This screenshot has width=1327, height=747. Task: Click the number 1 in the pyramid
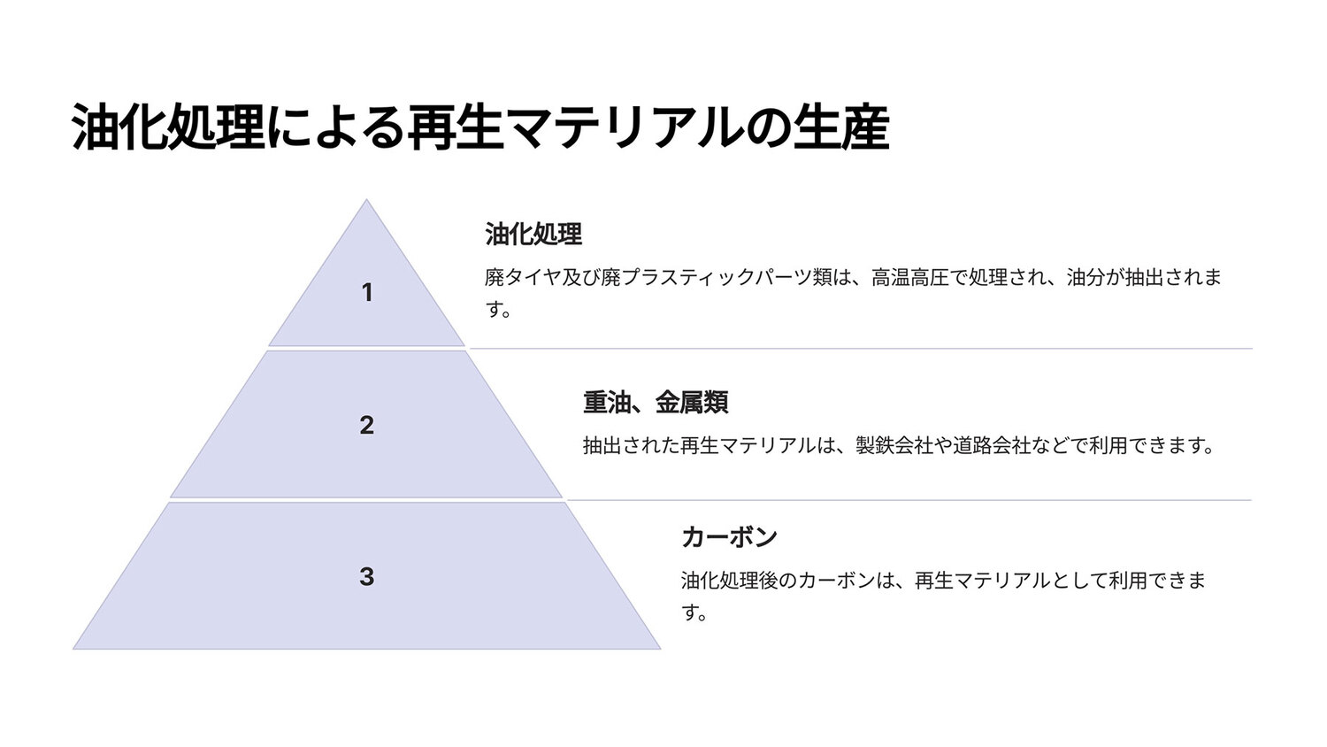[367, 292]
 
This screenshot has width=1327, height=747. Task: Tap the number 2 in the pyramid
[367, 425]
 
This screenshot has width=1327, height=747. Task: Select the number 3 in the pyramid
[367, 576]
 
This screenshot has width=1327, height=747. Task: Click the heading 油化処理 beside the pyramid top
[533, 235]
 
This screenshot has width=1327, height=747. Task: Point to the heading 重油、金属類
[656, 403]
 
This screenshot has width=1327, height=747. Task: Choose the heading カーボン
[729, 537]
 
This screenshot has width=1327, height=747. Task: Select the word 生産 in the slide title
[842, 127]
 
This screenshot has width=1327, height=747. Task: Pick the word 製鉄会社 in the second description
[894, 445]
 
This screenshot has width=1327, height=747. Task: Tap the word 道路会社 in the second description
[992, 445]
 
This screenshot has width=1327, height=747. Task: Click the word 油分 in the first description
[1085, 277]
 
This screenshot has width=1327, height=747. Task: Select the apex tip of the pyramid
[366, 200]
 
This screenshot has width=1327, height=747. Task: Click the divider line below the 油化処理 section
[861, 349]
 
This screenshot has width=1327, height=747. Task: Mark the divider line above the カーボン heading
[909, 500]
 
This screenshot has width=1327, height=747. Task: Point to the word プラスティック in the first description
[687, 277]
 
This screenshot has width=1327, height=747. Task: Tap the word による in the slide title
[335, 127]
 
